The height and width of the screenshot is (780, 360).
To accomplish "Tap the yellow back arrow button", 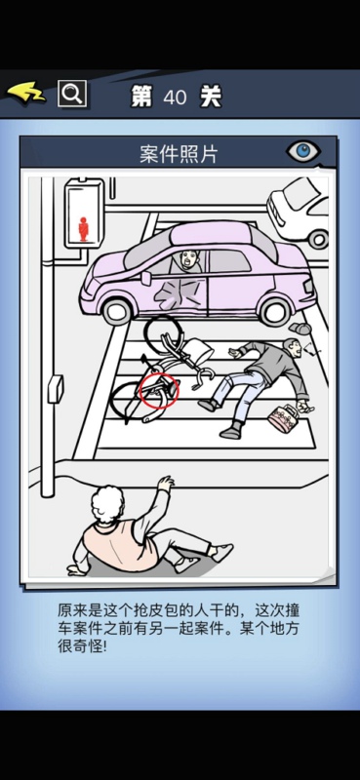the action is [x=26, y=93].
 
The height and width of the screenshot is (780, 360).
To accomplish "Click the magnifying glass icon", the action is [x=72, y=94].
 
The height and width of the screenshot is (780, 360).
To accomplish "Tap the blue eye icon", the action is [x=302, y=152].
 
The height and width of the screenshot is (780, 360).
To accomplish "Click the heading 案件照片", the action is [x=179, y=155].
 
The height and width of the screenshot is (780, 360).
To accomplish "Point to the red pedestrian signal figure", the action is [x=84, y=228].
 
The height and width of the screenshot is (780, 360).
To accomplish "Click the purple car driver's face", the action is [x=188, y=259].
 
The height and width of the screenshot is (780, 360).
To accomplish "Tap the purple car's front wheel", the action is [x=117, y=310].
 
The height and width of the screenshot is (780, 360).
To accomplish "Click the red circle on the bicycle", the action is [x=159, y=389].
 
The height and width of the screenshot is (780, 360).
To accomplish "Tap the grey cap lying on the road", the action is [x=300, y=329].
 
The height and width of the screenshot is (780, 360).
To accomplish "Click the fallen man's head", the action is [x=292, y=347].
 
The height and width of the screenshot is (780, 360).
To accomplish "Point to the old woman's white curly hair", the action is [x=107, y=504].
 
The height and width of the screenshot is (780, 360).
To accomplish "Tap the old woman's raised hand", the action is [x=165, y=483].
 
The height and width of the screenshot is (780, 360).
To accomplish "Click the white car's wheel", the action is [x=319, y=239].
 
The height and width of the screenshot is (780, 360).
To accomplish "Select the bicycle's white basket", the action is [x=198, y=352].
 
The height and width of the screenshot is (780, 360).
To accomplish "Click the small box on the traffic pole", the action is [x=56, y=389].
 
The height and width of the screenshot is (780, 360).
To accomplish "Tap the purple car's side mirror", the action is [x=146, y=278].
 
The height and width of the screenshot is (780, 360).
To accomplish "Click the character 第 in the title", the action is [x=141, y=97].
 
